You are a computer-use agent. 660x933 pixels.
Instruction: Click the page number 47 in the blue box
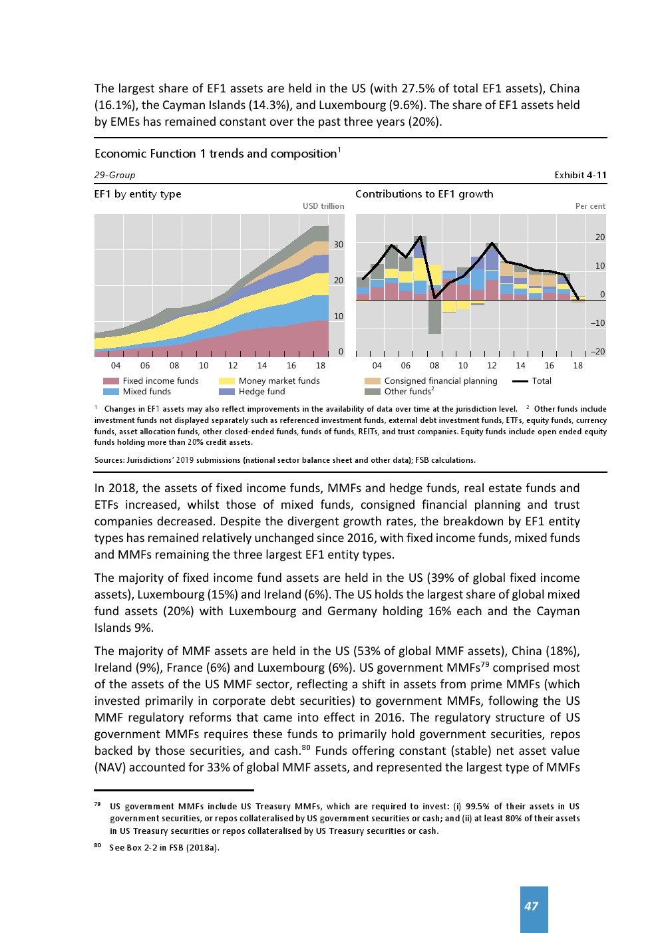531,906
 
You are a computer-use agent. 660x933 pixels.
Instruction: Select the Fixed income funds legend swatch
111,381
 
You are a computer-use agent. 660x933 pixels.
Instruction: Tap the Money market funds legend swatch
227,381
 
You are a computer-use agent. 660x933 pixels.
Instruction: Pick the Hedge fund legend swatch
227,392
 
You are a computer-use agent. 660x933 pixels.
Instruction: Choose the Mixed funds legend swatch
111,392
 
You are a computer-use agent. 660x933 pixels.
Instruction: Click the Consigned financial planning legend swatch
373,381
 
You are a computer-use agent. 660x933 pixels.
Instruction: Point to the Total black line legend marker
520,381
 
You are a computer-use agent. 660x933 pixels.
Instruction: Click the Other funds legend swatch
373,392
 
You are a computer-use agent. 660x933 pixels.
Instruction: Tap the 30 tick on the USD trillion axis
339,245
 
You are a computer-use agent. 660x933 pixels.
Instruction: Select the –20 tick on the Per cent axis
597,352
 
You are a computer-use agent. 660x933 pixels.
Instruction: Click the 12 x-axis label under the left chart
233,366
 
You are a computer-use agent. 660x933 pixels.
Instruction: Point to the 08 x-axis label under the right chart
434,366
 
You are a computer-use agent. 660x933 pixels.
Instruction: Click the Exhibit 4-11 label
580,175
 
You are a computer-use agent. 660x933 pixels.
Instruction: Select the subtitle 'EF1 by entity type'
138,194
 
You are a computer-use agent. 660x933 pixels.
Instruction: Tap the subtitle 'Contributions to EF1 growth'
424,194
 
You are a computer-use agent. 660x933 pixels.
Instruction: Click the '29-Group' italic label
114,175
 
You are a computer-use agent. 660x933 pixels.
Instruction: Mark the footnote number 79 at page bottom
98,805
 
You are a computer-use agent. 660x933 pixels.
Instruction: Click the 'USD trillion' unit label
323,206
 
